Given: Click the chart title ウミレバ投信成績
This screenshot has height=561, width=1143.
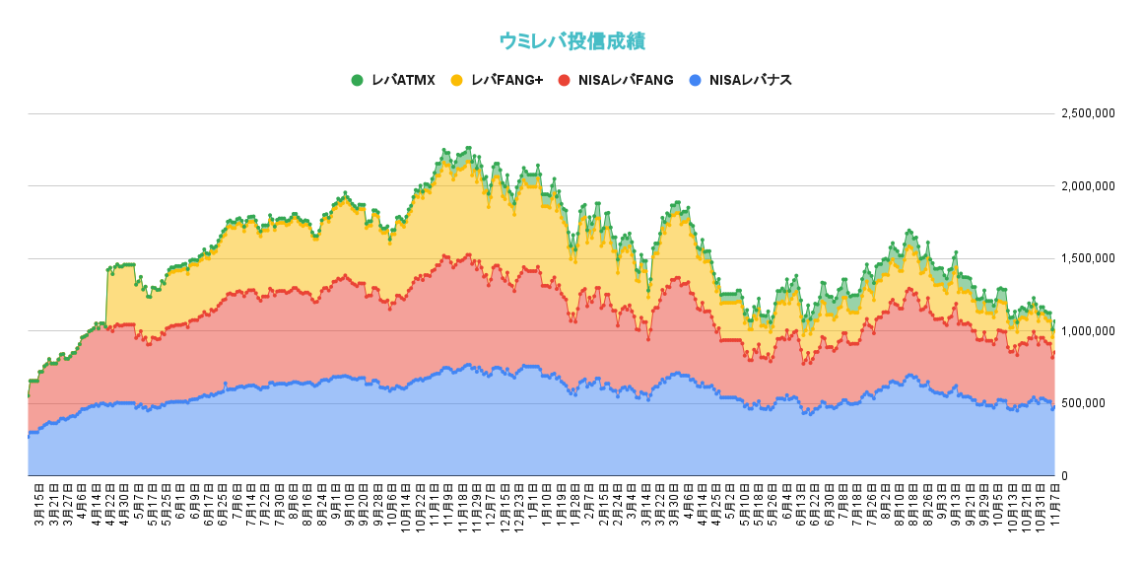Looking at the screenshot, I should pos(571,40).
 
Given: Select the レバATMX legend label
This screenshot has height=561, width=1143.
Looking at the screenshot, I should pos(403,80).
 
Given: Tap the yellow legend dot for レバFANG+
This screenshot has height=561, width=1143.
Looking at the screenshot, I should pos(456,80).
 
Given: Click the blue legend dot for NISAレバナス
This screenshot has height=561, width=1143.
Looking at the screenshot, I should pos(696,80).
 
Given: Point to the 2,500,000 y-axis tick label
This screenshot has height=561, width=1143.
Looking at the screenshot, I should pos(1087,113).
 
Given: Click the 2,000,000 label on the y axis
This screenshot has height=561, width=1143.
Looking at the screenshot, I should pos(1087,186).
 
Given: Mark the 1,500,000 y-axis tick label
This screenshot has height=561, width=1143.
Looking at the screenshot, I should pos(1087,258).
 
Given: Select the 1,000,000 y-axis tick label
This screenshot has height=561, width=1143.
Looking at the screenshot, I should pos(1087,331).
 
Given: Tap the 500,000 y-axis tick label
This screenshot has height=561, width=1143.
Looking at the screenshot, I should pos(1093,403).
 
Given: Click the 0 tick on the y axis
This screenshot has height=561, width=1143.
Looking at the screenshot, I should pos(1064,476).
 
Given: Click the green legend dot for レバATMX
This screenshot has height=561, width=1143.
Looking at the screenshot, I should pos(357,80).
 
